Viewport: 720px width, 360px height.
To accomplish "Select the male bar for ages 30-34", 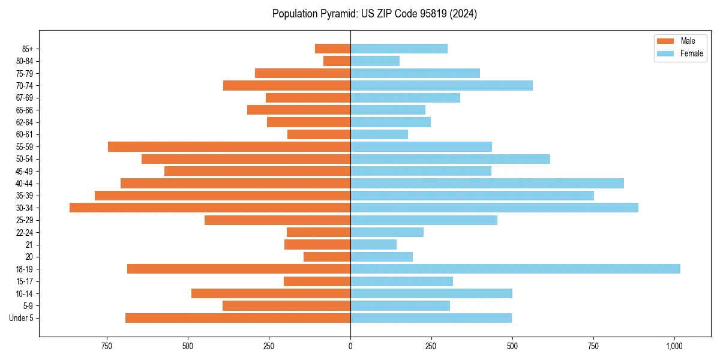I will [x=210, y=208].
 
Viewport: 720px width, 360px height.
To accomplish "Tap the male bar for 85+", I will [x=332, y=49].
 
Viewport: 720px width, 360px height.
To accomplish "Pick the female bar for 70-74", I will [x=441, y=86].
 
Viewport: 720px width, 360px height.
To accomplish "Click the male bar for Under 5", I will [x=238, y=318].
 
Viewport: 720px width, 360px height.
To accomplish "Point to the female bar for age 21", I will [x=373, y=244].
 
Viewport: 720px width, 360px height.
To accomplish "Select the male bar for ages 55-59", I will [x=229, y=146].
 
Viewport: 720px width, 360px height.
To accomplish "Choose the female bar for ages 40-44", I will [x=487, y=183].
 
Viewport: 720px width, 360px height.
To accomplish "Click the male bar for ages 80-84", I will [x=337, y=61].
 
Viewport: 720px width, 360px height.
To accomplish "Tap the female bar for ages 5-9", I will [x=400, y=305].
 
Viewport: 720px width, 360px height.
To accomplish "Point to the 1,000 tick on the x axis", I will [x=674, y=346].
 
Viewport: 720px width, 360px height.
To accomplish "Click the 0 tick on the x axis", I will [x=350, y=346].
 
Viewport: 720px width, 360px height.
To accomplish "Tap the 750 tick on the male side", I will [x=107, y=346].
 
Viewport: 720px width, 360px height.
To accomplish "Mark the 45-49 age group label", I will [x=24, y=171].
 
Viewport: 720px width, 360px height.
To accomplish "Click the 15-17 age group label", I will [x=24, y=281].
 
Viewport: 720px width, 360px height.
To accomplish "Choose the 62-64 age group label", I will [x=24, y=122].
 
